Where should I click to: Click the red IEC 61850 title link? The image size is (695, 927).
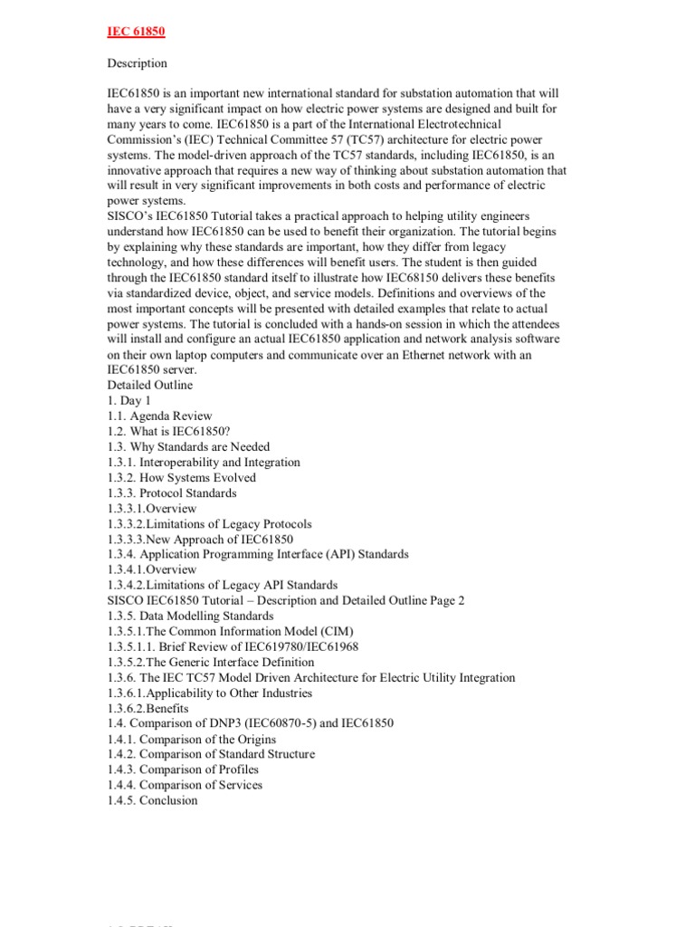click(x=136, y=32)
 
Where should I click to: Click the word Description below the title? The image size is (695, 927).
click(x=137, y=63)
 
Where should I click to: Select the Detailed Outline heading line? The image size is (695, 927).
click(x=149, y=386)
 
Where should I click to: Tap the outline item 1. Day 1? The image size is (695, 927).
click(x=129, y=401)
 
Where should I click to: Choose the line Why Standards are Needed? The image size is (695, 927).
click(x=188, y=447)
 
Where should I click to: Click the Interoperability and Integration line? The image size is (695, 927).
click(x=204, y=463)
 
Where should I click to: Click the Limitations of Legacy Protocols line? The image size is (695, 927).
click(x=209, y=524)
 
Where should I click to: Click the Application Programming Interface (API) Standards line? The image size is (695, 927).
click(x=258, y=554)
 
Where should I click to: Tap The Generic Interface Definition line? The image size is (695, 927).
click(x=211, y=662)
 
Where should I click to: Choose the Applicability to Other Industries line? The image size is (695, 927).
click(x=209, y=693)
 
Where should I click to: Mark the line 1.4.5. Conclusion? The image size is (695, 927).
click(x=152, y=800)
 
